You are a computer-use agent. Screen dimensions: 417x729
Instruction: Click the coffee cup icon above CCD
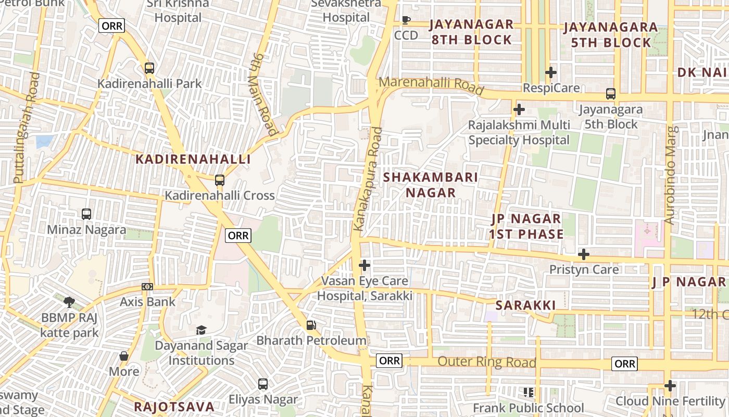coord(406,20)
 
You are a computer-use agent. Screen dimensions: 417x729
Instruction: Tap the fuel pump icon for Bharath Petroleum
coord(311,325)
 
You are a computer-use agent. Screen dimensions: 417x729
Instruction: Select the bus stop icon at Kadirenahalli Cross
coord(220,180)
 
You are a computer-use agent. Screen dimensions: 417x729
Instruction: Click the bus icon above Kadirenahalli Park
coord(149,68)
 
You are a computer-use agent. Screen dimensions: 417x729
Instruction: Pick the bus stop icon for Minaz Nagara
coord(86,214)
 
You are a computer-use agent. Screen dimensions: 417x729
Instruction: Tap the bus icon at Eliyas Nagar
coord(263,384)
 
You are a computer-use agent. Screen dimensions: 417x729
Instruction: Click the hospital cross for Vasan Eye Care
coord(364,266)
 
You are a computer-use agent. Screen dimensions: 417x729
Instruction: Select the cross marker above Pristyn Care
coord(584,254)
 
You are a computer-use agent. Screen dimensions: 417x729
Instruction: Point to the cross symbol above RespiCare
coord(551,72)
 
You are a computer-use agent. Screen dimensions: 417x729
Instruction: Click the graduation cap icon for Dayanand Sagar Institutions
coord(201,330)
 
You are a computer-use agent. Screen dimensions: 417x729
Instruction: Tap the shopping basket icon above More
coord(124,356)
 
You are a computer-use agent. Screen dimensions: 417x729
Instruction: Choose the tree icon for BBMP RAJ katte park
coord(69,302)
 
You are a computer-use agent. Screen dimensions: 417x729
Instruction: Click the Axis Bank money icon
coord(147,287)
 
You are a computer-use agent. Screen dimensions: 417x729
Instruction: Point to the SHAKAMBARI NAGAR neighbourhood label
coord(431,185)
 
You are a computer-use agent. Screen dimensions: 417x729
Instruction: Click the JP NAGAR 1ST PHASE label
coord(526,226)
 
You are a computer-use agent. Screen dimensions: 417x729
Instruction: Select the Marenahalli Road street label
coord(431,85)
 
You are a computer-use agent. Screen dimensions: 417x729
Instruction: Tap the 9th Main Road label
coord(264,93)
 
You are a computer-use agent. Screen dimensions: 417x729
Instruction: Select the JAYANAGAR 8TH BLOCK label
coord(471,32)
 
